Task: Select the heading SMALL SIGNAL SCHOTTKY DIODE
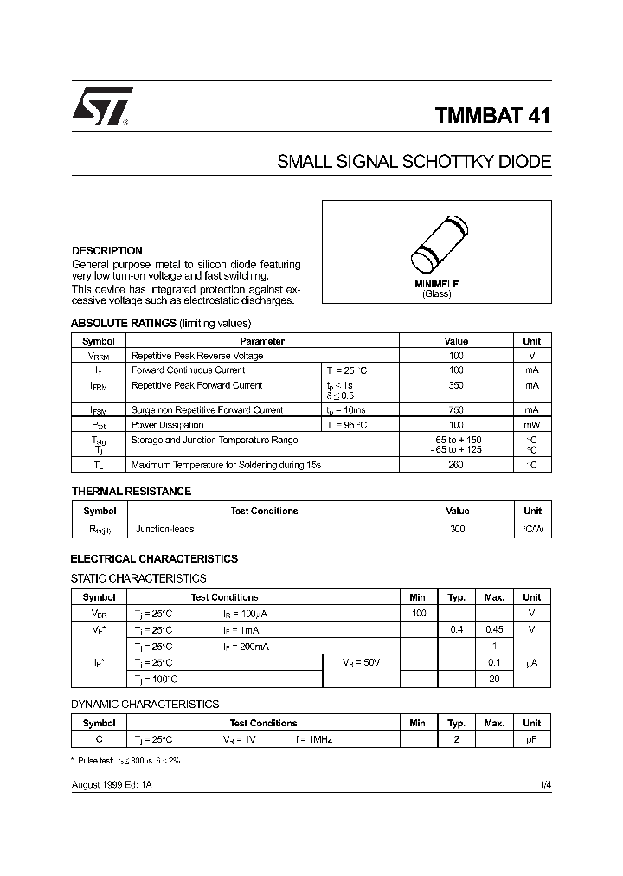(414, 162)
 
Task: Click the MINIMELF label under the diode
(436, 284)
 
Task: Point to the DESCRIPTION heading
(106, 251)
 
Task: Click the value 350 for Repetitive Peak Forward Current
(456, 385)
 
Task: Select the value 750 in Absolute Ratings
(456, 409)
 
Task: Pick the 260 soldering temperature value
(456, 465)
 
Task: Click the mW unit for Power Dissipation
(531, 425)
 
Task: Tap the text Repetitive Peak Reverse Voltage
(196, 356)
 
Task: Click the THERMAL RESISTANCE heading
(131, 491)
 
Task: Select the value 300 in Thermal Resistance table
(457, 528)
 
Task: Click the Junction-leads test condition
(165, 528)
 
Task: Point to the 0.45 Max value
(494, 629)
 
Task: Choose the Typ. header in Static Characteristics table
(457, 597)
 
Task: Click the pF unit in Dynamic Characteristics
(531, 739)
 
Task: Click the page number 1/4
(544, 783)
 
